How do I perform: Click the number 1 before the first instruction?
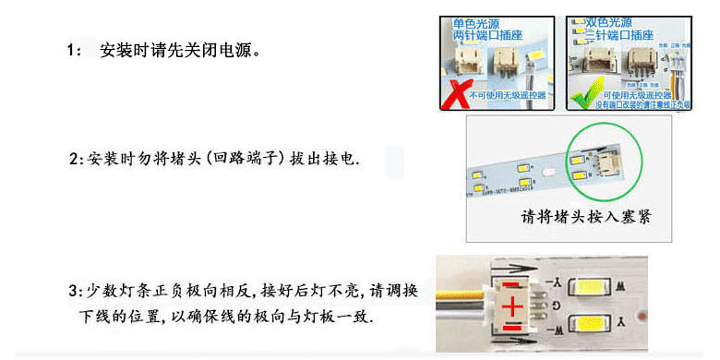72,49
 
